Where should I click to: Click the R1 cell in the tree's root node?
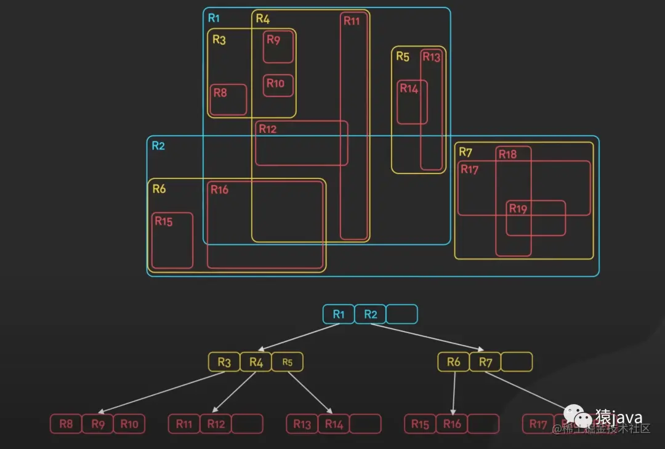click(339, 314)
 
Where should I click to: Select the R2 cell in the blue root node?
click(371, 314)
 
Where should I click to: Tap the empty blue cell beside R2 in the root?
click(402, 314)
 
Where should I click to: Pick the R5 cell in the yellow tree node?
click(288, 362)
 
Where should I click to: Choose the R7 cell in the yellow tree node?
click(485, 362)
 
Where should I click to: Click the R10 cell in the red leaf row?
click(129, 424)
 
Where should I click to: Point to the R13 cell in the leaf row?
click(302, 424)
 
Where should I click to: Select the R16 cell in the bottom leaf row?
click(452, 424)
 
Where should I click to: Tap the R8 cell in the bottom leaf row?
click(66, 424)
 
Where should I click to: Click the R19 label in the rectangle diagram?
click(518, 209)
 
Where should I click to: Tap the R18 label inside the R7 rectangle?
click(507, 154)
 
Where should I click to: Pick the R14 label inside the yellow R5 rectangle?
click(409, 89)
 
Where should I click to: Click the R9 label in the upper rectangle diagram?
click(273, 41)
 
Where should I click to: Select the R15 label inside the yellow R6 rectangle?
click(164, 222)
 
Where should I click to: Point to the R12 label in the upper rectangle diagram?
click(268, 129)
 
